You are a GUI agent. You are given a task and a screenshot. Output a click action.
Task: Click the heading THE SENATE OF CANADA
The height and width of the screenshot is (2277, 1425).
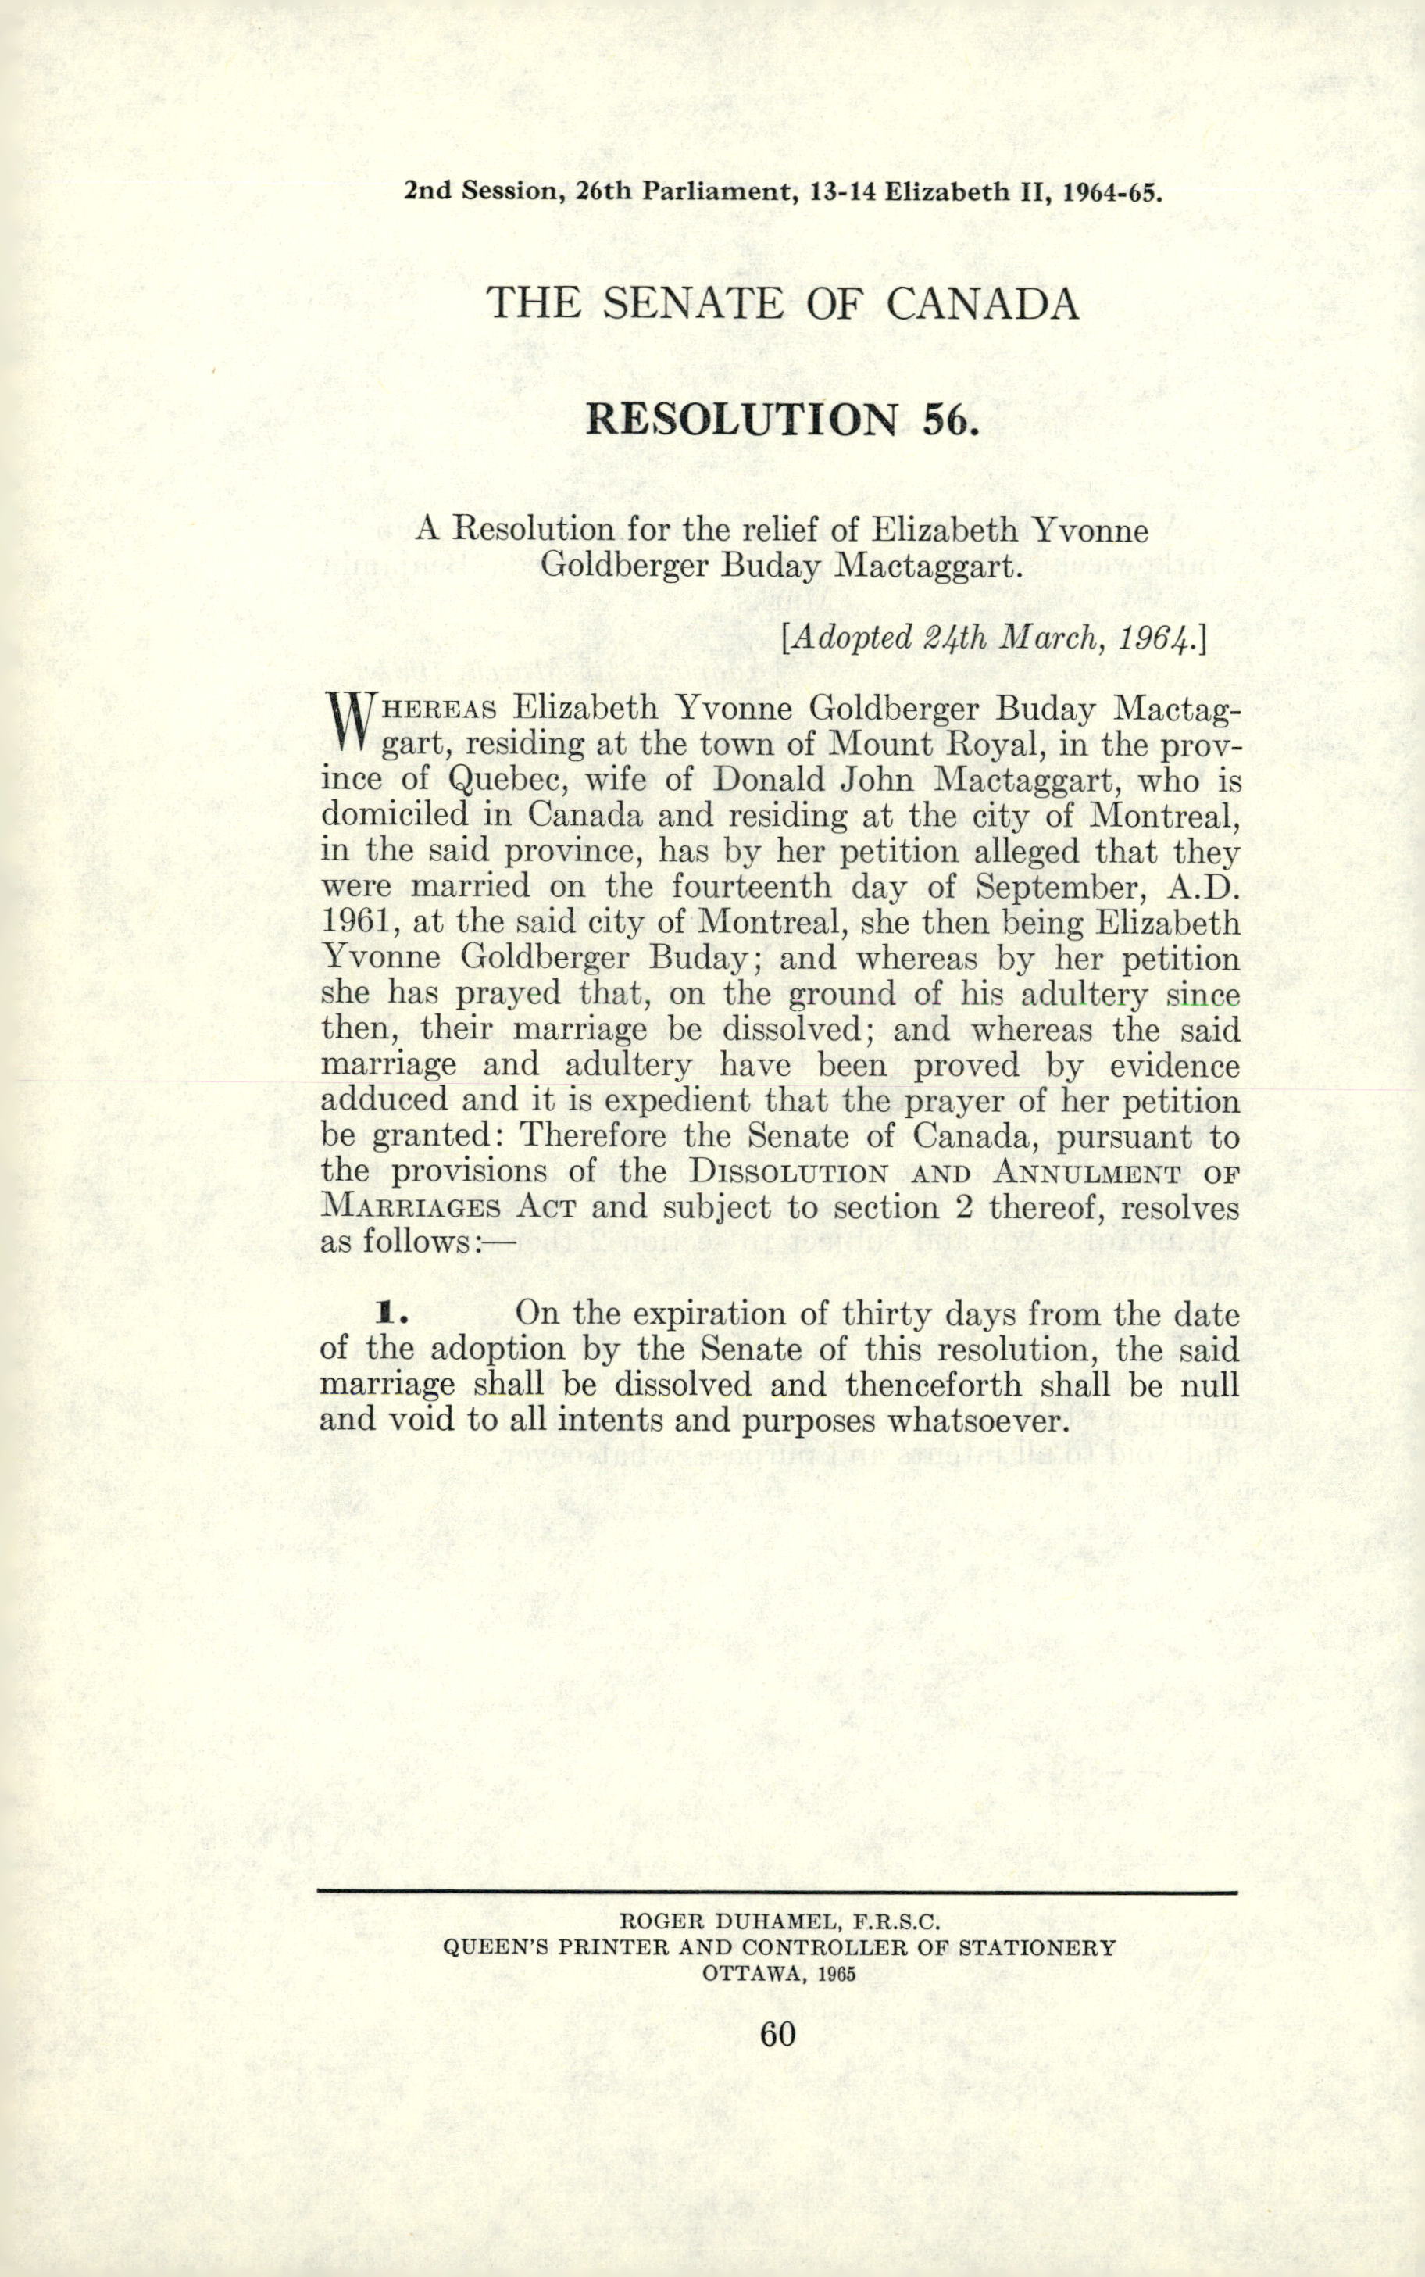click(x=781, y=303)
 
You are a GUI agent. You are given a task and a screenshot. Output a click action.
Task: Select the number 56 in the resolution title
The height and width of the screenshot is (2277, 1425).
click(x=945, y=419)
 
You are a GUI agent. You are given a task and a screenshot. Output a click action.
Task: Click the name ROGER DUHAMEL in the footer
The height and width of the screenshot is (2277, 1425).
click(x=719, y=1922)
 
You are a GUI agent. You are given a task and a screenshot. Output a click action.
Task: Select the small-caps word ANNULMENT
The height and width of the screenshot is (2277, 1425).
click(x=1087, y=1174)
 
